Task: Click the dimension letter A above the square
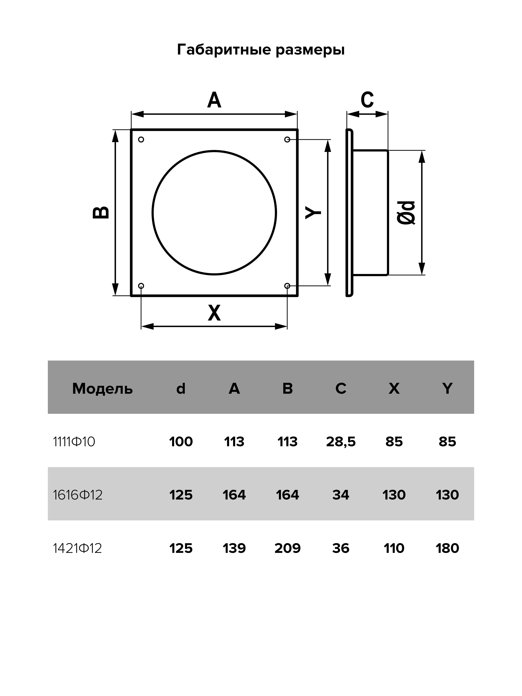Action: tap(214, 100)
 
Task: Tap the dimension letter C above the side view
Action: tap(367, 100)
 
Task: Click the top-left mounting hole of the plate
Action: tap(141, 139)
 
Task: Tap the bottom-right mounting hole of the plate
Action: tap(287, 286)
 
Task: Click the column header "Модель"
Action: tap(103, 389)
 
